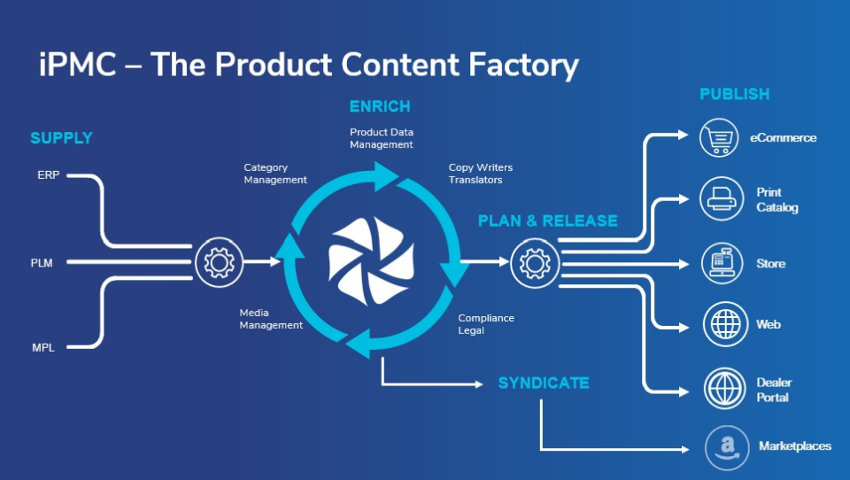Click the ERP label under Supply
[48, 175]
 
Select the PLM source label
[42, 263]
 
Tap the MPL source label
[43, 348]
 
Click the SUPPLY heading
[61, 138]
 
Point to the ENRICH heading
[380, 106]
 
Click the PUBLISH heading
[735, 94]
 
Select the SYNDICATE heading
[544, 383]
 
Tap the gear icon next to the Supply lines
[219, 262]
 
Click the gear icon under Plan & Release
[535, 264]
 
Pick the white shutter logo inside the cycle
[371, 261]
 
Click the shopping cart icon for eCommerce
[719, 138]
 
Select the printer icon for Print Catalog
[722, 198]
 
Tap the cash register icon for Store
[722, 264]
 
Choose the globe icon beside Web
[725, 324]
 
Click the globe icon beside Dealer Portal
[725, 388]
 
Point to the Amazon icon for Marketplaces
[727, 448]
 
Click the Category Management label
[275, 174]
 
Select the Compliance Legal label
[486, 324]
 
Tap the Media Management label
[271, 319]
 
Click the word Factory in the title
[523, 66]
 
